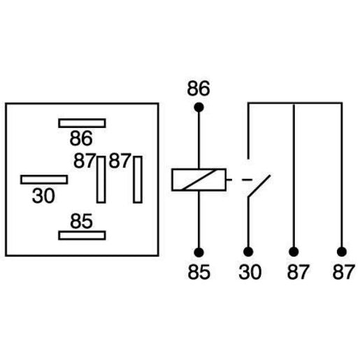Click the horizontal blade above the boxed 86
tap(82, 123)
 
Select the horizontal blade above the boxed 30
tap(44, 180)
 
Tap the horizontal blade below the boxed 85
tap(82, 236)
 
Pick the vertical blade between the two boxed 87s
tap(101, 180)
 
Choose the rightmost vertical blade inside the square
tap(138, 180)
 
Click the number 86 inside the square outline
tap(81, 138)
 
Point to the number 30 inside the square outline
tap(43, 196)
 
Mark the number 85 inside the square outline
tap(81, 221)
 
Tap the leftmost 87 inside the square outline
tap(85, 161)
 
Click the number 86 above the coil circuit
tap(199, 89)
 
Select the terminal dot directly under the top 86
tap(199, 108)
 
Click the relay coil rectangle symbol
tap(199, 180)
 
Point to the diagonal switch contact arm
tap(259, 187)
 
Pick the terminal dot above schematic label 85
tap(199, 252)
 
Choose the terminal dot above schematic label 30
tap(248, 252)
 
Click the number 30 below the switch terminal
tap(250, 272)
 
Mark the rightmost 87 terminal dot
tap(342, 252)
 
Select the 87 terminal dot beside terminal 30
tap(294, 252)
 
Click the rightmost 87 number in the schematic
tap(344, 272)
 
